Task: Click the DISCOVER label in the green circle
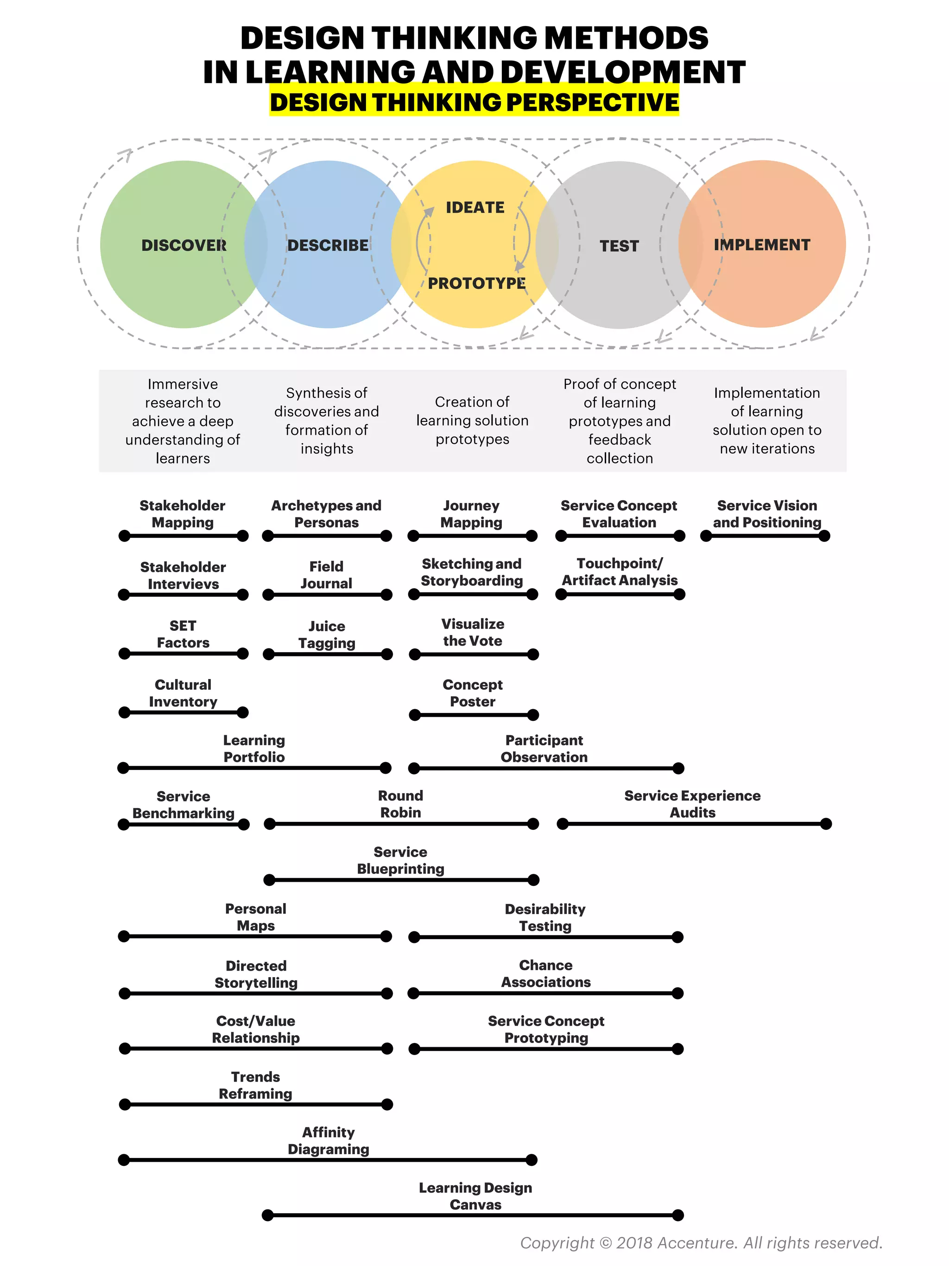(183, 246)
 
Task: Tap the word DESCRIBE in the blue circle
(328, 246)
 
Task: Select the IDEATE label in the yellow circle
(475, 207)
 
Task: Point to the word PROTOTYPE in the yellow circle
(476, 283)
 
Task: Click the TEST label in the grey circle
(619, 246)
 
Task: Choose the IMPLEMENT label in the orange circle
(762, 245)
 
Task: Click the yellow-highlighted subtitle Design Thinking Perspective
(474, 102)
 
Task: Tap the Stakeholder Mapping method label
(183, 514)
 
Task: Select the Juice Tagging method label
(327, 635)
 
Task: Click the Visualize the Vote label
(473, 632)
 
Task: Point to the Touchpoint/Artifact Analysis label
(620, 572)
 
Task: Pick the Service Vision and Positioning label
(766, 514)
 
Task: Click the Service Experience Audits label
(692, 804)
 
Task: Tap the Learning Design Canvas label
(475, 1196)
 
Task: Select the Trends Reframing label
(255, 1085)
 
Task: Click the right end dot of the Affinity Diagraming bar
(531, 1160)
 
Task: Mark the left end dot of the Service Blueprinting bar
(269, 880)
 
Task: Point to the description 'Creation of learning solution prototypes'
(472, 420)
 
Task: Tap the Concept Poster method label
(473, 693)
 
